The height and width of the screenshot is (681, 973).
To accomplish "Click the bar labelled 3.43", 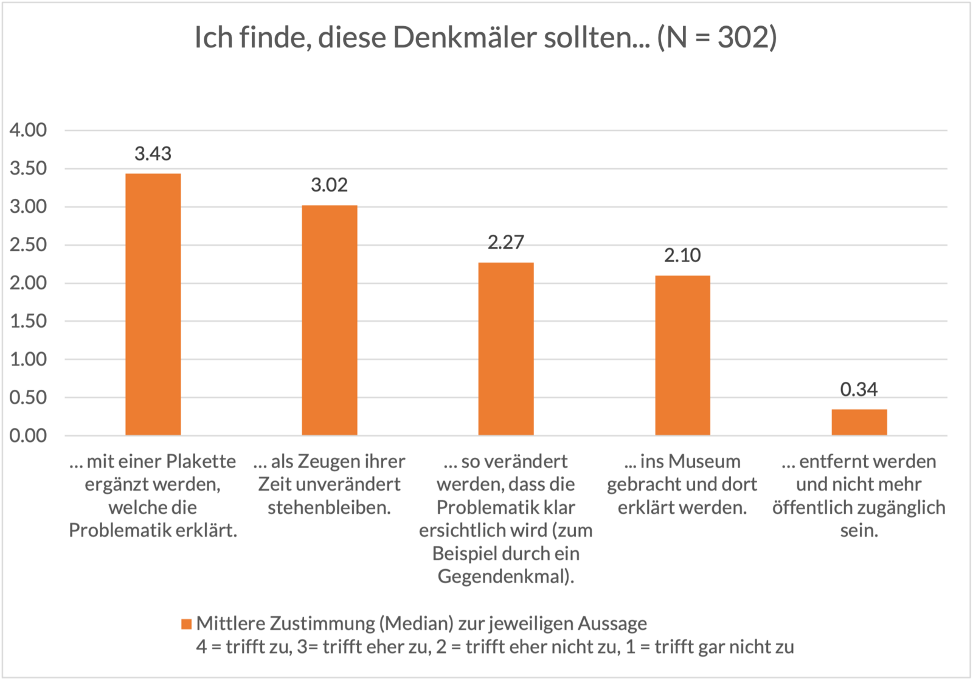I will point(153,304).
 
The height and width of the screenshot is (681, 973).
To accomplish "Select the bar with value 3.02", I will point(329,320).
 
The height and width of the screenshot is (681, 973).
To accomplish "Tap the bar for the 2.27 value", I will point(505,348).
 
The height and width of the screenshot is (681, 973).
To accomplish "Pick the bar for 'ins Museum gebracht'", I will point(682,355).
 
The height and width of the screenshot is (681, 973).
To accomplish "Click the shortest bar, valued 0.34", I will point(859,422).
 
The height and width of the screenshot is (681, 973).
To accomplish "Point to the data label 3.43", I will point(153,154).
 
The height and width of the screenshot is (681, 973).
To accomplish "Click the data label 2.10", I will point(682,255).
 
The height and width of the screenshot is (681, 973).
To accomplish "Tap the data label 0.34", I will point(859,389).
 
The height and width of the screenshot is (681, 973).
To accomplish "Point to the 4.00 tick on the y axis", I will point(28,130).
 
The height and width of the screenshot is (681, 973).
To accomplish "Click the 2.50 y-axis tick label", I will point(28,245).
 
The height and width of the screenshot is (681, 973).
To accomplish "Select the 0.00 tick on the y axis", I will point(28,436).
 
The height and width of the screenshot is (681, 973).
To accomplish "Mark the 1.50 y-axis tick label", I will point(28,321).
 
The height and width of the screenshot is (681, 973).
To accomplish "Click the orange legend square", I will point(186,624).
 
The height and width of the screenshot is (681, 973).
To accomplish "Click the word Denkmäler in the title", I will point(468,38).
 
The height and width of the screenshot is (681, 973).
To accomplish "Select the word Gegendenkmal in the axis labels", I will point(503,576).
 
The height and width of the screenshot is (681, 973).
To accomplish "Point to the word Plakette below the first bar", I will point(201,461).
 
